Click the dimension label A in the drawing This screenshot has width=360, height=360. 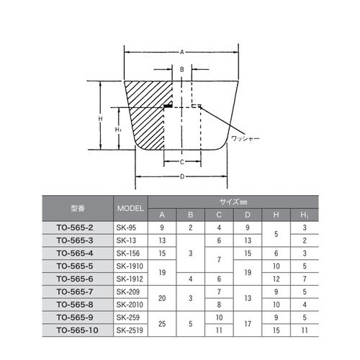click(x=182, y=52)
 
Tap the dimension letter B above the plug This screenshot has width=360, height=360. click(x=182, y=70)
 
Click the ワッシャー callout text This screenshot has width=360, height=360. click(x=245, y=137)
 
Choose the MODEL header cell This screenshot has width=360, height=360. click(x=130, y=208)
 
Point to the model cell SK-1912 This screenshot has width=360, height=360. click(x=130, y=279)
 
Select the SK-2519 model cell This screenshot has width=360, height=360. click(x=130, y=329)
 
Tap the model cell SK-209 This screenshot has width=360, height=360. click(x=130, y=291)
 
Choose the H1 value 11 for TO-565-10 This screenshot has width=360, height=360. click(x=305, y=329)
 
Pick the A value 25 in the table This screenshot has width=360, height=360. click(x=162, y=323)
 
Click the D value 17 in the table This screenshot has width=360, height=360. click(x=248, y=323)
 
